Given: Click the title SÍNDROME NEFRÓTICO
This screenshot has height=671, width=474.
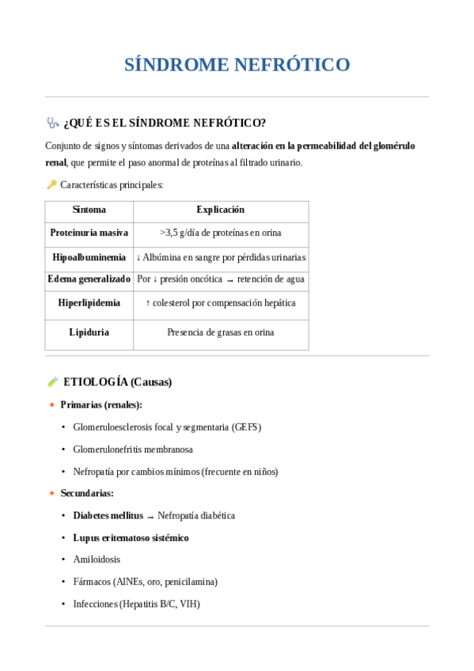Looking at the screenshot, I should pos(237,65).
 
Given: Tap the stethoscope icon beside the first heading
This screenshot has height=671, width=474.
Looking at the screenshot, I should pos(52,123).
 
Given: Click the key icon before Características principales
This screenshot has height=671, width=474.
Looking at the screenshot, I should pos(51,184).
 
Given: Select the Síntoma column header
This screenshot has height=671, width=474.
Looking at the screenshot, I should pos(89,210).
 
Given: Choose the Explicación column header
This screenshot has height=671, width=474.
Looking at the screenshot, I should pos(220,210).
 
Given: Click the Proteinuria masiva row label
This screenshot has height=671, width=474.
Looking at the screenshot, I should pos(89,233).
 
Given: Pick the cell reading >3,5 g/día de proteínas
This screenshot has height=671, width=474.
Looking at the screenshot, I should pos(220,233).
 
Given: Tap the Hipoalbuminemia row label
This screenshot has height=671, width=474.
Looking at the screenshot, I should pos(89,257).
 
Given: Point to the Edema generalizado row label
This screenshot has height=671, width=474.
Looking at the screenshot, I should pos(89,279).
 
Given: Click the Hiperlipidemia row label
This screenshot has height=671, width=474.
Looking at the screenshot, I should pos(89,303).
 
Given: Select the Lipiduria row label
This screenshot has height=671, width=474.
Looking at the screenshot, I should pos(89,332).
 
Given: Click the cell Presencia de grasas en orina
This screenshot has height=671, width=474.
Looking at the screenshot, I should pos(220,332).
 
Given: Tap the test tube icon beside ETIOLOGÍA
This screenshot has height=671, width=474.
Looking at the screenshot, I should pos(52,382).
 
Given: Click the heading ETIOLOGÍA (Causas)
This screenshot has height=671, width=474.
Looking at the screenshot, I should pos(117,382).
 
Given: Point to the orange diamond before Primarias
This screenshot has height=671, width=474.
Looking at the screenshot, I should pos(52,405).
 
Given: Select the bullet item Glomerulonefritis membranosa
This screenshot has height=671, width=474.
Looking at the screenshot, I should pos(133,449).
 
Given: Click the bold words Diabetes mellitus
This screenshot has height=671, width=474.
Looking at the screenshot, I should pos(108,515).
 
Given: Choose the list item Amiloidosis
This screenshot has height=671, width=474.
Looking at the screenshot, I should pos(97,559).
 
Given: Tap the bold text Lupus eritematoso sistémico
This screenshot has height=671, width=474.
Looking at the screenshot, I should pos(131,537).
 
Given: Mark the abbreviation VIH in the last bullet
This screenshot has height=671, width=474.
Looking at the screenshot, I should pos(189,604).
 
